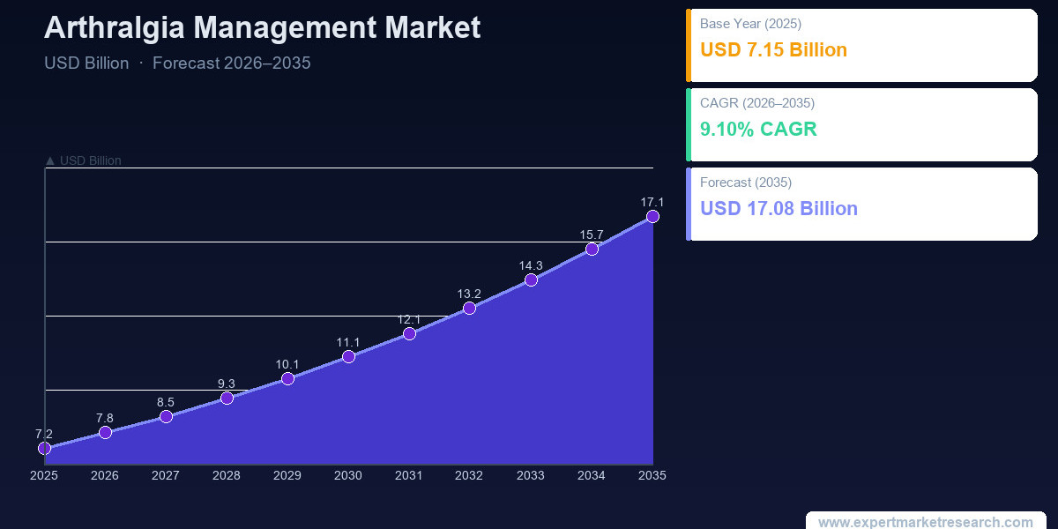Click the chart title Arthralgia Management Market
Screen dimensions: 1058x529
click(x=262, y=28)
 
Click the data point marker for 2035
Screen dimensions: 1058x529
click(x=652, y=216)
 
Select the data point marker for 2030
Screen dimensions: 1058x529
click(x=348, y=356)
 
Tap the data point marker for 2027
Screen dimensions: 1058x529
click(x=166, y=416)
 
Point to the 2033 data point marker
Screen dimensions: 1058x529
click(x=531, y=280)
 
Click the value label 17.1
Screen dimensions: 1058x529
click(x=652, y=202)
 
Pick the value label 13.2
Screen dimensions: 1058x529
click(x=469, y=294)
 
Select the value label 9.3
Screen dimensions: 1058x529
click(x=227, y=384)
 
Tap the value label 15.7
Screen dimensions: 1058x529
click(x=592, y=235)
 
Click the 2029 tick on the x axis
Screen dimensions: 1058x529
click(x=287, y=475)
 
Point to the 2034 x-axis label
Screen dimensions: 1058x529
click(x=592, y=475)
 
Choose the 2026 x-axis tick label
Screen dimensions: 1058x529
click(x=104, y=475)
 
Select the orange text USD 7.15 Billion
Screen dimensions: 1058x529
click(x=773, y=49)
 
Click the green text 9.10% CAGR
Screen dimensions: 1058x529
click(x=758, y=129)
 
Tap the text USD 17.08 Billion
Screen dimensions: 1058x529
click(x=779, y=208)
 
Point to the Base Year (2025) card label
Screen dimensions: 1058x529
click(x=750, y=24)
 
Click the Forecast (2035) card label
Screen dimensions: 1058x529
click(x=746, y=183)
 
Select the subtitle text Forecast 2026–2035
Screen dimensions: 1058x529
click(x=231, y=63)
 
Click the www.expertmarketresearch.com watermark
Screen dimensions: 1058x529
click(x=925, y=522)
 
